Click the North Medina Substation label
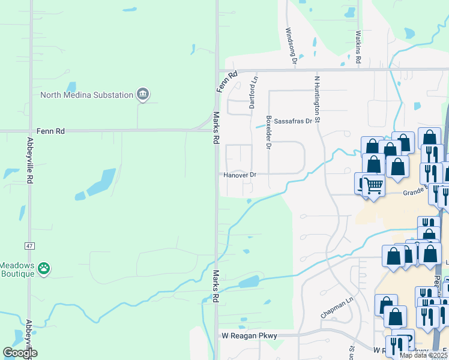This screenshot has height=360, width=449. [x=86, y=95]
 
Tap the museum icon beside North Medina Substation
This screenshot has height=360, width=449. [x=143, y=94]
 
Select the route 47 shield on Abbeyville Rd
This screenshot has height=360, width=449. [x=29, y=245]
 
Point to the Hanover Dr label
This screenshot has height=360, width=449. [x=240, y=175]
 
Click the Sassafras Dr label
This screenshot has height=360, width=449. [x=294, y=121]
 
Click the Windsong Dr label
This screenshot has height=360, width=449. [x=291, y=46]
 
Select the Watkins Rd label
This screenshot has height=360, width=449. [x=358, y=48]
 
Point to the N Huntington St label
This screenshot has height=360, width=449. [x=317, y=95]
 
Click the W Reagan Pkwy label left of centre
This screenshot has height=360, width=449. [x=250, y=336]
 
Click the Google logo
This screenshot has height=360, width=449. [x=20, y=353]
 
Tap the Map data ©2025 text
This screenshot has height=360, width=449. [x=423, y=355]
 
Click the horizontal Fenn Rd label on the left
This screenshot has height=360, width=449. [x=50, y=130]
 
